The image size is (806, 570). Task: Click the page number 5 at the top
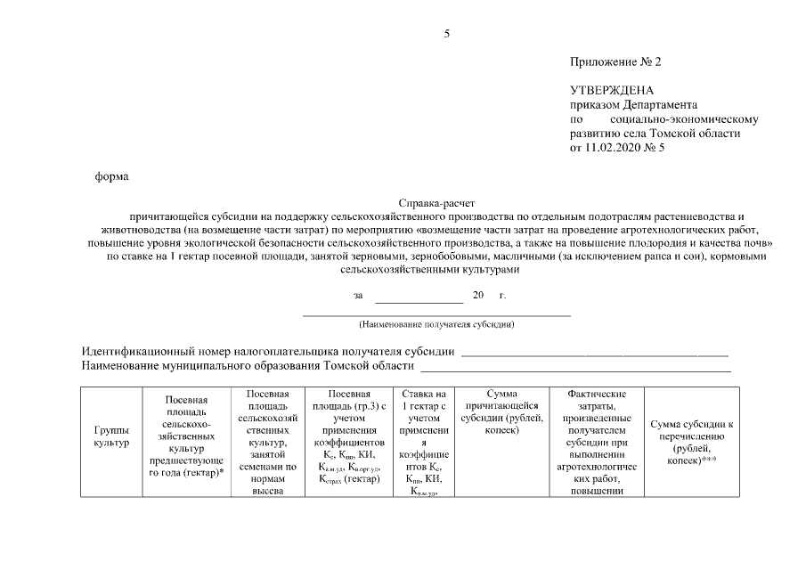(447, 34)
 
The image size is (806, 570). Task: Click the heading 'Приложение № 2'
(615, 62)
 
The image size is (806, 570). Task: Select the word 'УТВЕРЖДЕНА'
(611, 91)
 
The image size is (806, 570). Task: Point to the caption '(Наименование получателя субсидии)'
(436, 324)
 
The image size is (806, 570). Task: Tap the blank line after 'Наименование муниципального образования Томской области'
(575, 368)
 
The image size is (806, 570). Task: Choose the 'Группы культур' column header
(111, 436)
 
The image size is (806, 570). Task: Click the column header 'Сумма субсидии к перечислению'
(691, 443)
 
